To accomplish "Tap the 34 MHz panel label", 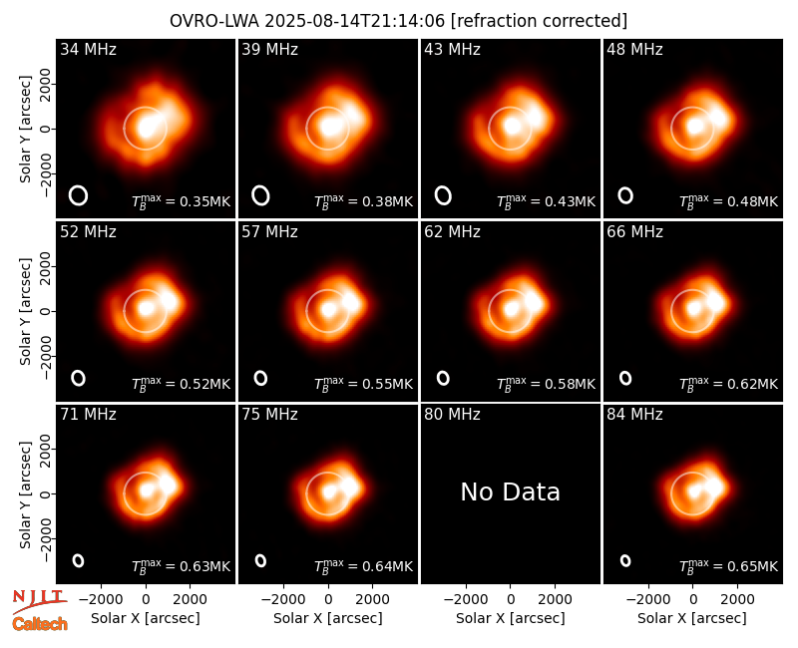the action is [x=88, y=49].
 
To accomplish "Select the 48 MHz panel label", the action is [x=634, y=49].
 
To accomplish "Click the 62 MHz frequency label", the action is [x=452, y=232].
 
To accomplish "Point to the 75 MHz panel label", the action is [x=269, y=415].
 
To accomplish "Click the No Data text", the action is [x=511, y=491].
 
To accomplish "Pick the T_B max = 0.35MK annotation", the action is [x=182, y=201].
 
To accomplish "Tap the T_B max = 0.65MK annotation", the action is [x=729, y=565].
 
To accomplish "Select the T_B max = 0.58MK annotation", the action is [x=546, y=383].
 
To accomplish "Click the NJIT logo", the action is [x=39, y=601].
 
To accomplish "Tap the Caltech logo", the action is [x=40, y=624].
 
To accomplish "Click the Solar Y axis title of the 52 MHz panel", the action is [x=25, y=311].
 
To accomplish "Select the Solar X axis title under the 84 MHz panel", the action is [x=692, y=618].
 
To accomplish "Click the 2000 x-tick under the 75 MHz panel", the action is [x=372, y=600].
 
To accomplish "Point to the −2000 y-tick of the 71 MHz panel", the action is [x=46, y=538].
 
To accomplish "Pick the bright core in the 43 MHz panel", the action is [x=512, y=126].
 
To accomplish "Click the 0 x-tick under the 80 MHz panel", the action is [x=511, y=600].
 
